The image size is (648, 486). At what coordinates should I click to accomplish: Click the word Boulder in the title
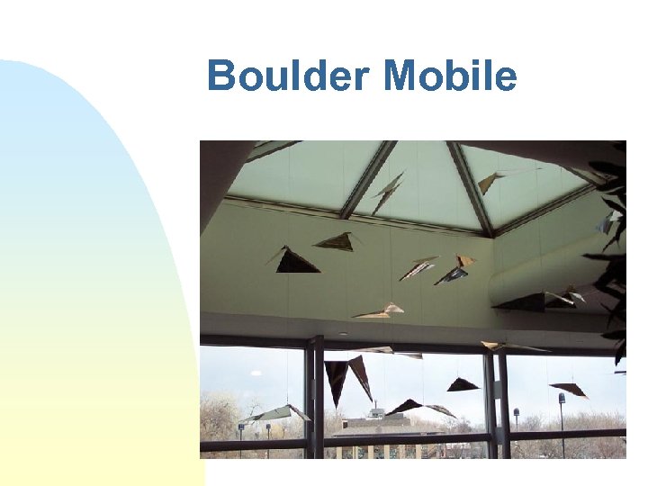tap(286, 76)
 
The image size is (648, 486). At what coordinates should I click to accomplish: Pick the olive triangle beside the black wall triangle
tap(335, 241)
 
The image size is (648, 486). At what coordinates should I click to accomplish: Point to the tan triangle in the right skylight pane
tap(490, 183)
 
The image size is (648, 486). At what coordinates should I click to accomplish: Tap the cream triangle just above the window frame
tap(381, 312)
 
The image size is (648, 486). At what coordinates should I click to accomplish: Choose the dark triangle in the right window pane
tap(570, 390)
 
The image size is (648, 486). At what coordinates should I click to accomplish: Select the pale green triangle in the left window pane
tap(275, 413)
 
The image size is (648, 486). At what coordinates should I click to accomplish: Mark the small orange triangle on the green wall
tap(464, 262)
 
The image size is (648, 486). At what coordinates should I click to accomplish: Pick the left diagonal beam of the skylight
tap(369, 180)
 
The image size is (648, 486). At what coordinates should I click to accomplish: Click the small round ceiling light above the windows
tap(342, 334)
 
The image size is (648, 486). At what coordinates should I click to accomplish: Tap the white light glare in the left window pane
tap(256, 373)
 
